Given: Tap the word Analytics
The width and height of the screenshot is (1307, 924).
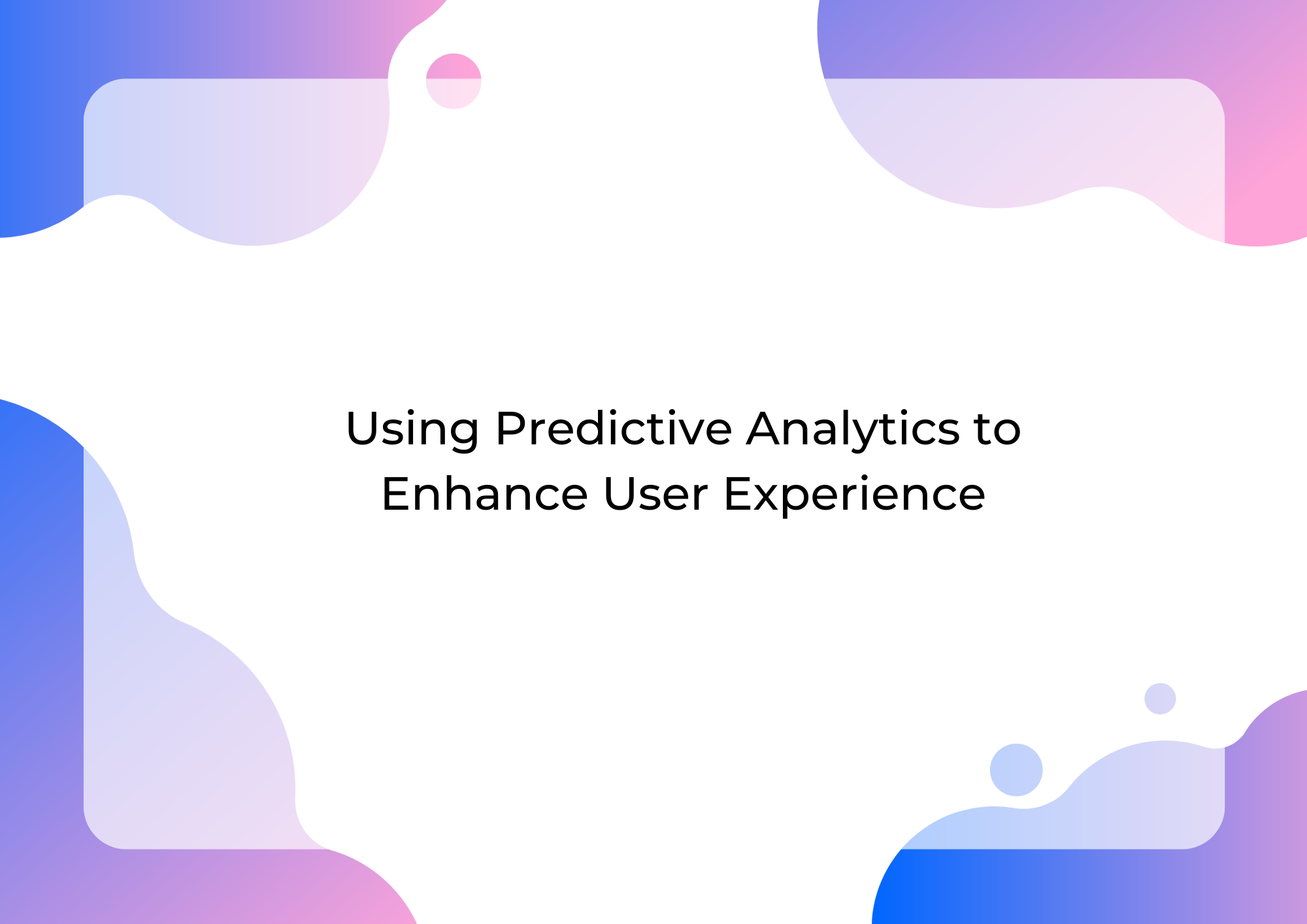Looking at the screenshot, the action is (853, 431).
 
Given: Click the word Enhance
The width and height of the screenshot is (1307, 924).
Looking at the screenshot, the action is (485, 494).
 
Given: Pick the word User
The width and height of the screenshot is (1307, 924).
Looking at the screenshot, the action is (655, 494).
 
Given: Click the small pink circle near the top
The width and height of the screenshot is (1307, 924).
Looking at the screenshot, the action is (454, 81).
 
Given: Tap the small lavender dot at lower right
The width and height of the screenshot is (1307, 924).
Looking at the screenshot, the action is (1160, 699).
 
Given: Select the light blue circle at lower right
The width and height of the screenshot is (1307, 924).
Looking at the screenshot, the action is (1016, 770).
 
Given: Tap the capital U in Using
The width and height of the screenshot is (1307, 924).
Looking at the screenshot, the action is (363, 429).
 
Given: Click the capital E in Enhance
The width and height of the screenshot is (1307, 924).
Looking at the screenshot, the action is (397, 494).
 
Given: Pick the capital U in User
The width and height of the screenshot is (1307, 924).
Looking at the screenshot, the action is (621, 494).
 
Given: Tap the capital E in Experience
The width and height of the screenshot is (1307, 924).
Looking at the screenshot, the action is (739, 494).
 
